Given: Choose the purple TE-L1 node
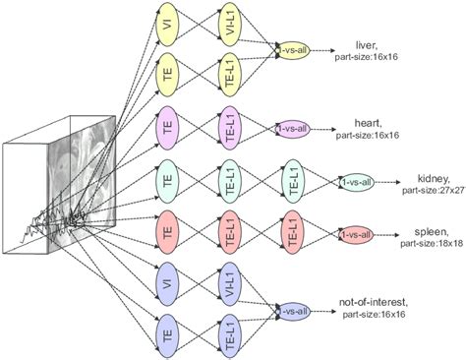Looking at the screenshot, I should coord(227,128).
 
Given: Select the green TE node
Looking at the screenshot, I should coord(168,181).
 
